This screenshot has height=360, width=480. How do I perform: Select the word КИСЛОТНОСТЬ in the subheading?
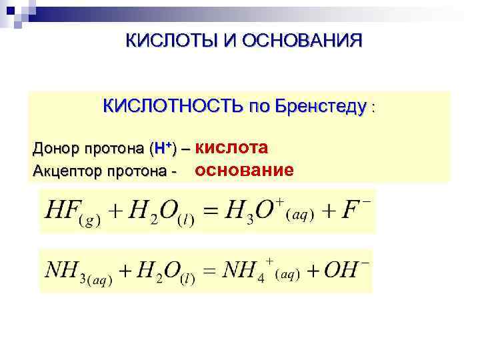pos(173,106)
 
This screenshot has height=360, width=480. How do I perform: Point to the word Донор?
pos(55,147)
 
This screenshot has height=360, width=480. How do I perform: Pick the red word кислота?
pos(233,147)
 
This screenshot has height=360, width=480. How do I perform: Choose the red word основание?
pos(243,170)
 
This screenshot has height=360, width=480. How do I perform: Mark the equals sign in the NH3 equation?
pos(209,271)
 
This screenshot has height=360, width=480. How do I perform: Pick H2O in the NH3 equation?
pos(161,272)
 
